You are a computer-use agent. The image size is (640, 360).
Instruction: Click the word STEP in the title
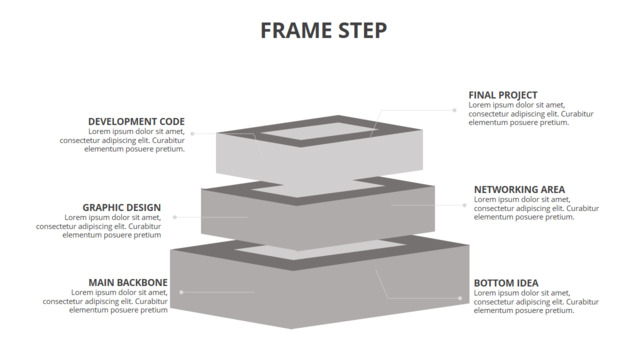pyautogui.click(x=360, y=31)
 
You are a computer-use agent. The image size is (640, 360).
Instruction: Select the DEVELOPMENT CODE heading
pyautogui.click(x=136, y=122)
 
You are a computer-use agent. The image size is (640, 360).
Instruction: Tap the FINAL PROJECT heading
pyautogui.click(x=503, y=95)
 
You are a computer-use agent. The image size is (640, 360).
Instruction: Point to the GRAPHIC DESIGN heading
pyautogui.click(x=122, y=208)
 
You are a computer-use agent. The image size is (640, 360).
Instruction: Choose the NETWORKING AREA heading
pyautogui.click(x=519, y=190)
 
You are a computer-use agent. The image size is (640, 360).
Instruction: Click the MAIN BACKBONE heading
pyautogui.click(x=128, y=282)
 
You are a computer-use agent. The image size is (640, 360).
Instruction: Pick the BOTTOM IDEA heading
pyautogui.click(x=506, y=283)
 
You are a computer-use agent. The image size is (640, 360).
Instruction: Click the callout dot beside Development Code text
pyautogui.click(x=192, y=133)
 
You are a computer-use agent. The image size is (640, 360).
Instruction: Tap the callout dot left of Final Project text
pyautogui.click(x=454, y=110)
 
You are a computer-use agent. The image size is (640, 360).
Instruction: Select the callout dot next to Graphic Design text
pyautogui.click(x=175, y=217)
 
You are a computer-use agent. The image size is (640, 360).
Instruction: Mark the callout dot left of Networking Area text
pyautogui.click(x=464, y=205)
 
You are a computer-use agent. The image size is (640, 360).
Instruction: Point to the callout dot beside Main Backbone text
pyautogui.click(x=181, y=292)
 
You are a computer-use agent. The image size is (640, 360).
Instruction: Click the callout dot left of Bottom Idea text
pyautogui.click(x=460, y=298)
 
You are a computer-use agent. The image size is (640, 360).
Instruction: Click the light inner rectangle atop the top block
pyautogui.click(x=316, y=131)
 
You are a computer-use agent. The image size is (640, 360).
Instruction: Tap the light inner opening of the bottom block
pyautogui.click(x=320, y=250)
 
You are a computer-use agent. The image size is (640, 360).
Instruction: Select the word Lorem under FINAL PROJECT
pyautogui.click(x=479, y=105)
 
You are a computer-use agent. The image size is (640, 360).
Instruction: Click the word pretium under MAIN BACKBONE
pyautogui.click(x=154, y=311)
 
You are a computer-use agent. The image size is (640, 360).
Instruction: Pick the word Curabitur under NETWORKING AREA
pyautogui.click(x=582, y=208)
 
